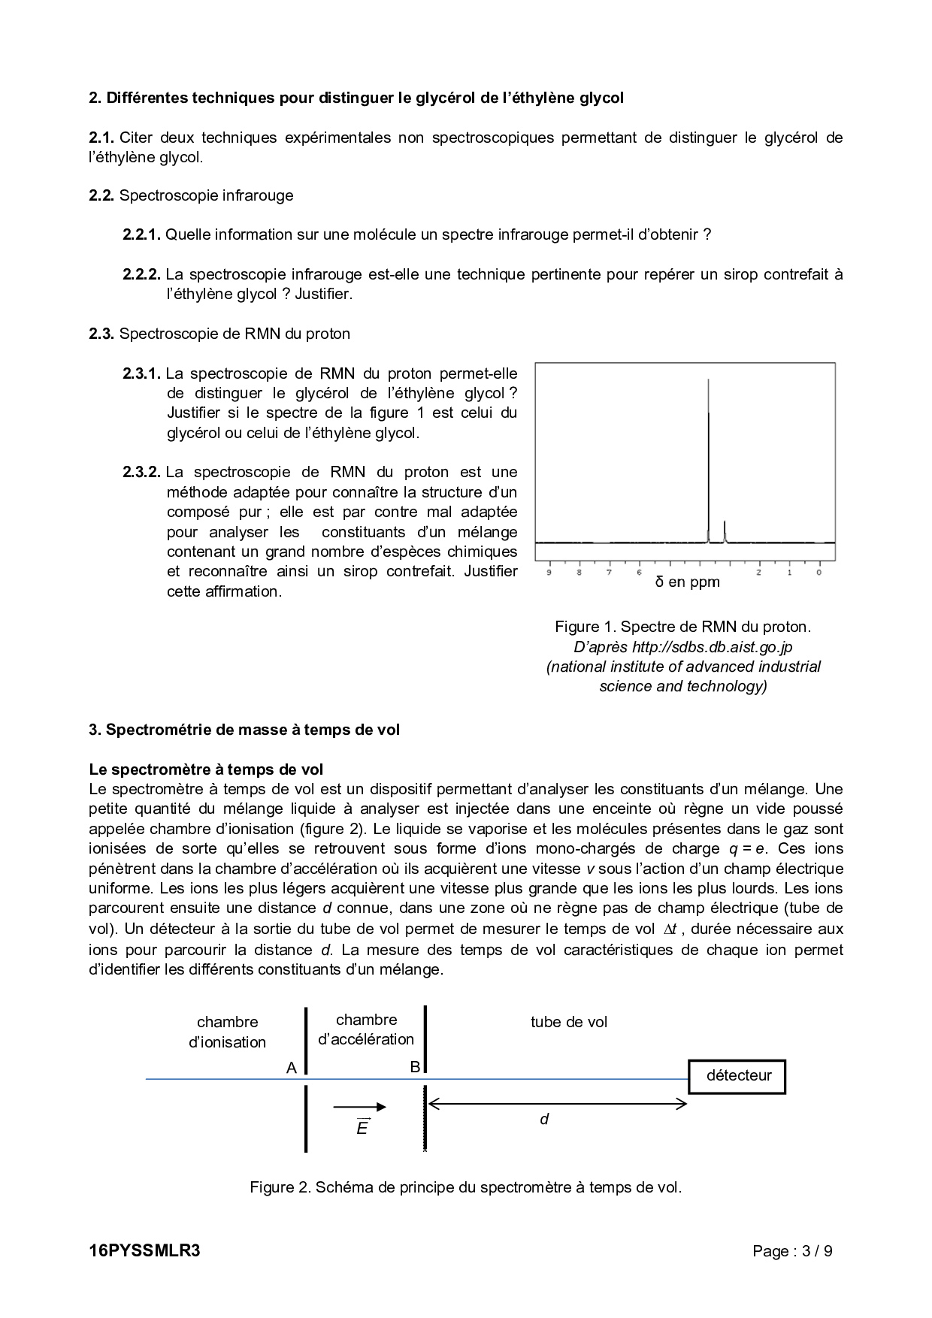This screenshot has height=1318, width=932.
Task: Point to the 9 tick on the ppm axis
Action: (549, 573)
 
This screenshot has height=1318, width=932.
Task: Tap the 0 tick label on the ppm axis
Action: (819, 573)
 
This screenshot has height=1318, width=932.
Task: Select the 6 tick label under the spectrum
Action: (639, 573)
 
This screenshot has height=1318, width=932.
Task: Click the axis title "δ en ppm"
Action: (687, 582)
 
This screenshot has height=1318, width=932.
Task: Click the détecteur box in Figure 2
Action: (737, 1076)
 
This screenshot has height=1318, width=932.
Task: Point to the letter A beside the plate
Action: (292, 1068)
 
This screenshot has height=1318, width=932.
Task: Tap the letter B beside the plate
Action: (415, 1066)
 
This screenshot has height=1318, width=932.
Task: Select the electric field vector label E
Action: (362, 1127)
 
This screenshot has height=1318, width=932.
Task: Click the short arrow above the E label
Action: (359, 1106)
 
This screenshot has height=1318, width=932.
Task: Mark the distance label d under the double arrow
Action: (544, 1120)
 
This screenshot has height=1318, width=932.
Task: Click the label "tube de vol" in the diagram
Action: (568, 1022)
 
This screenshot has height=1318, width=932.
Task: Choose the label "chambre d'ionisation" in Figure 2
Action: (227, 1032)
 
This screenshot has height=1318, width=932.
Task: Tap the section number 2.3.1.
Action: (141, 373)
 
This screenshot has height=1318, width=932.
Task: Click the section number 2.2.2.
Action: (141, 274)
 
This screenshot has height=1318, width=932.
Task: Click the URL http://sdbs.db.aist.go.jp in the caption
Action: (712, 647)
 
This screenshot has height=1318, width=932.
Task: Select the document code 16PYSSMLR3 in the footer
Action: (144, 1251)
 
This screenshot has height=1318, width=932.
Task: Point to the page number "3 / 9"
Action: (817, 1252)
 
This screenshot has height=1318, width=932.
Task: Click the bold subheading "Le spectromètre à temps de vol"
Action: (206, 769)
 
